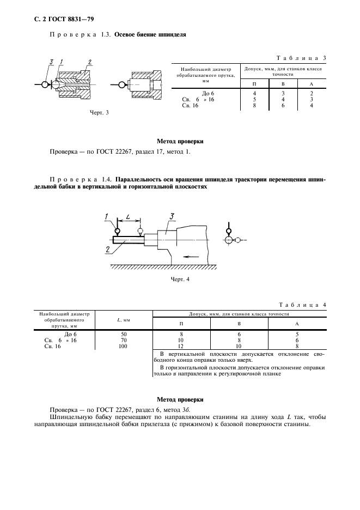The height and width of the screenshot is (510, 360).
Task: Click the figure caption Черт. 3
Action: pos(100,112)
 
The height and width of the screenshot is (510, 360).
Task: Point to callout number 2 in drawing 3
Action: pos(89,61)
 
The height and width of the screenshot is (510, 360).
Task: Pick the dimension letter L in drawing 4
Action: pos(127,217)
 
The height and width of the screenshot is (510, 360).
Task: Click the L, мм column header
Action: pos(123,320)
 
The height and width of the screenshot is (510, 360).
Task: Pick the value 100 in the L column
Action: pos(123,346)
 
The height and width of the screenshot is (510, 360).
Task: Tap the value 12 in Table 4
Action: pos(181,346)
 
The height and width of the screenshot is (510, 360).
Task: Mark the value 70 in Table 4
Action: pos(123,340)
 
